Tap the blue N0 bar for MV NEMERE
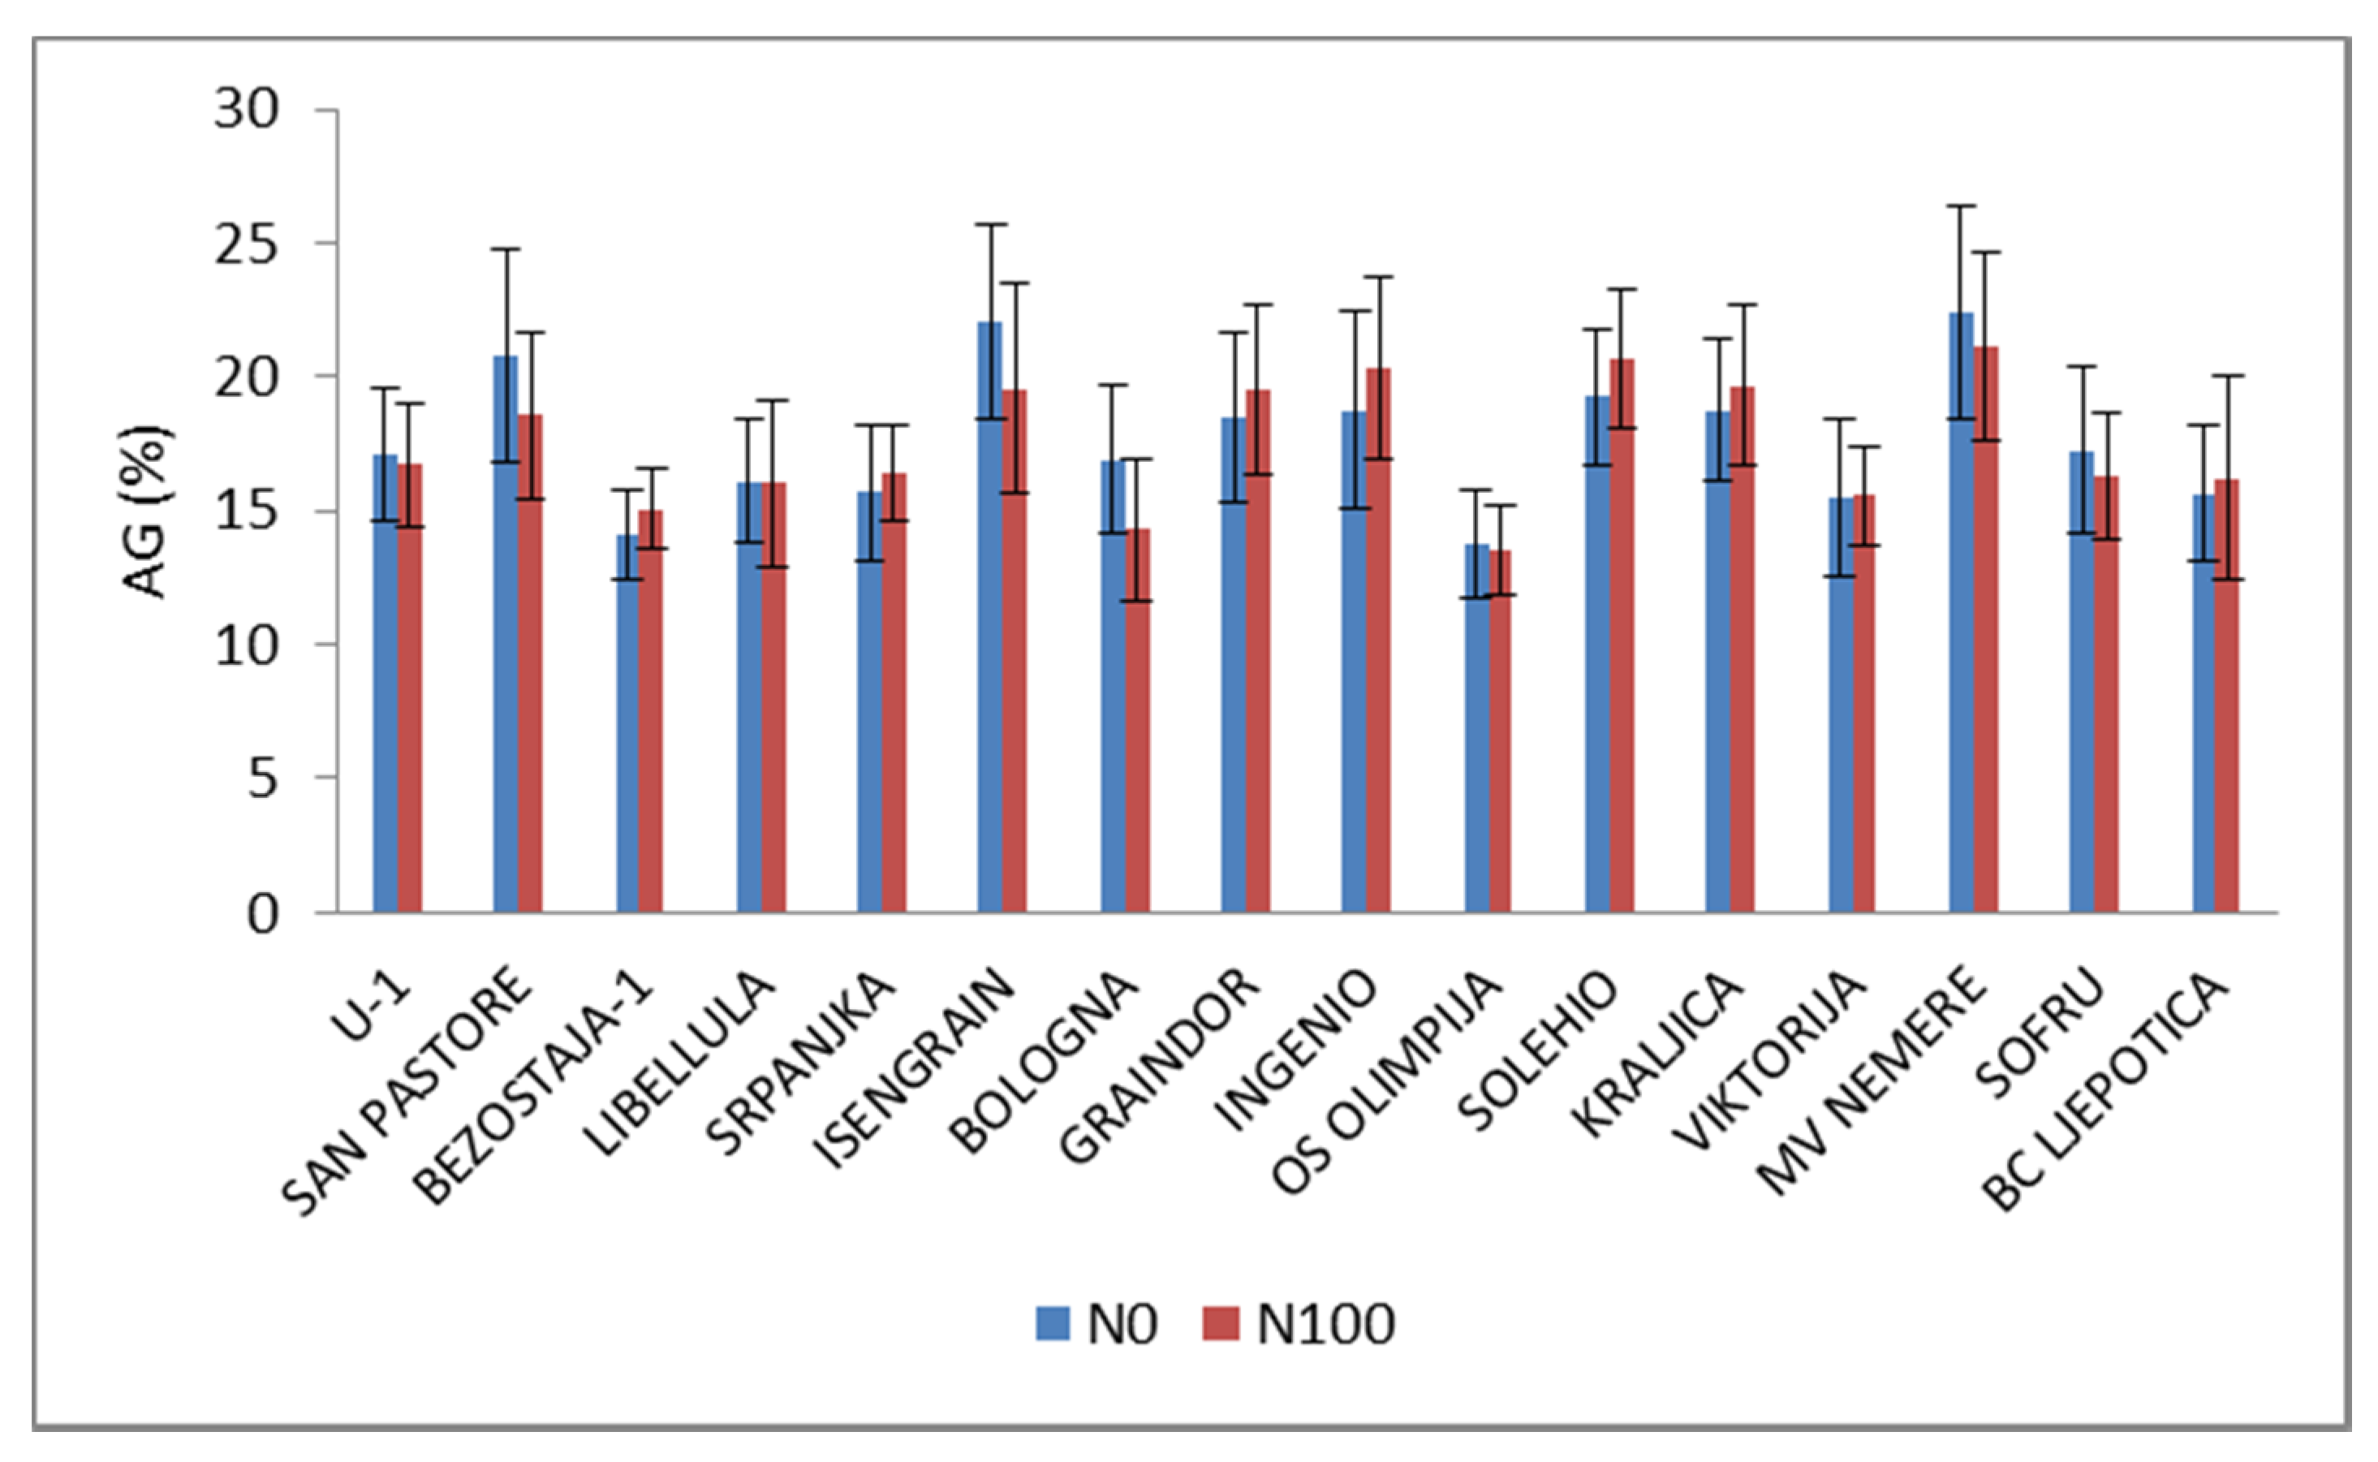pyautogui.click(x=1960, y=619)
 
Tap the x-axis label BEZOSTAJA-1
pyautogui.click(x=536, y=1088)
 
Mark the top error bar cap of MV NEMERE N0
pyautogui.click(x=1960, y=206)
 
